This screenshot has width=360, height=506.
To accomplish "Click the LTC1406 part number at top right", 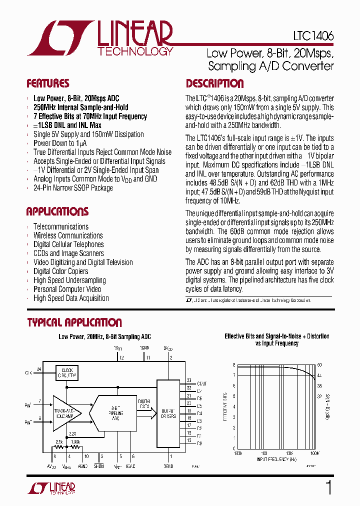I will click(x=314, y=36).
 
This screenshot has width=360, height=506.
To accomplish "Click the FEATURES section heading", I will click(x=48, y=83).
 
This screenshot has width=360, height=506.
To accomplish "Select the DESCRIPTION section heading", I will click(x=215, y=83).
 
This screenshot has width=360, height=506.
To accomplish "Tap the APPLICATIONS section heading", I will click(x=57, y=211).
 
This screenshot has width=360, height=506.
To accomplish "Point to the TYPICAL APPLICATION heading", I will click(x=74, y=322).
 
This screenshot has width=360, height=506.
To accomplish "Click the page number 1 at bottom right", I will click(x=328, y=487).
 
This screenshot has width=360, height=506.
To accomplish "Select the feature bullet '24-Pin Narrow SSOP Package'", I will click(x=73, y=188).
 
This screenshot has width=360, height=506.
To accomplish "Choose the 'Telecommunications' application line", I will click(x=61, y=226).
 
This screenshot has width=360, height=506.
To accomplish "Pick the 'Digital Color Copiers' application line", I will click(x=61, y=271).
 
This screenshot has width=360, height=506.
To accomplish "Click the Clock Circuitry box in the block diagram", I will click(x=66, y=372).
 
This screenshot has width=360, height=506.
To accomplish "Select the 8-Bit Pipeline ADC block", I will click(x=115, y=411).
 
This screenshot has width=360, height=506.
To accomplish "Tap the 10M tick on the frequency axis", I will click(x=289, y=452).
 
